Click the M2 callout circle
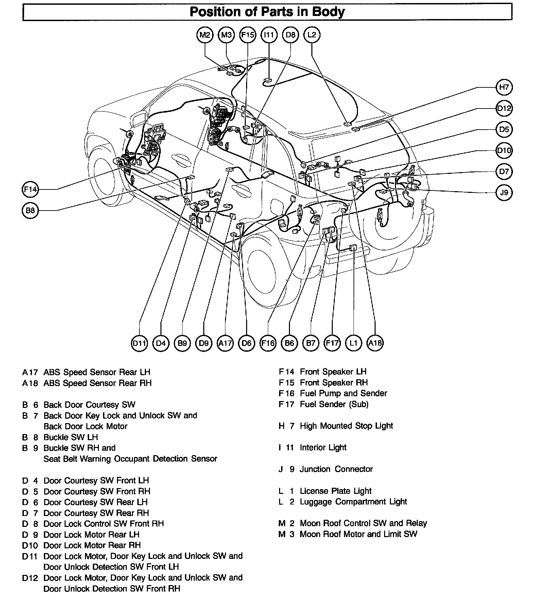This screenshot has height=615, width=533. (205, 35)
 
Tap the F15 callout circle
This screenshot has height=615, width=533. (248, 35)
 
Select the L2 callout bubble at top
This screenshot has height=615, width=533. (312, 35)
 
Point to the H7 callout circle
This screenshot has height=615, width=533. (504, 87)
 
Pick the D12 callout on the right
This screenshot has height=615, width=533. (504, 108)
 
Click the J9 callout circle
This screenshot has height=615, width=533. (504, 193)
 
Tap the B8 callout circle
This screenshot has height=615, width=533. (30, 210)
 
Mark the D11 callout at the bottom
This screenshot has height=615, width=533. (139, 343)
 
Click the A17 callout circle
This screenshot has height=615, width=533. (225, 343)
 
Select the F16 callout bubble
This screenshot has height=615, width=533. (268, 343)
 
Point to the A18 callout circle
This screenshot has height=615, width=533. (375, 343)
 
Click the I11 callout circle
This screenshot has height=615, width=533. (269, 35)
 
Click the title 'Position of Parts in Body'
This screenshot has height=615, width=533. (267, 12)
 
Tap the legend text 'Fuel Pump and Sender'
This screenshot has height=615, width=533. (343, 394)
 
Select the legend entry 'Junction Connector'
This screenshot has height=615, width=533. (336, 469)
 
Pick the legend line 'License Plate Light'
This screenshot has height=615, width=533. (336, 491)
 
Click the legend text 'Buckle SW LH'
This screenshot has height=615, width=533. (71, 437)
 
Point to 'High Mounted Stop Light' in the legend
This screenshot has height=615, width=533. (346, 426)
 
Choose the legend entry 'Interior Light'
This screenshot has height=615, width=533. (323, 448)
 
